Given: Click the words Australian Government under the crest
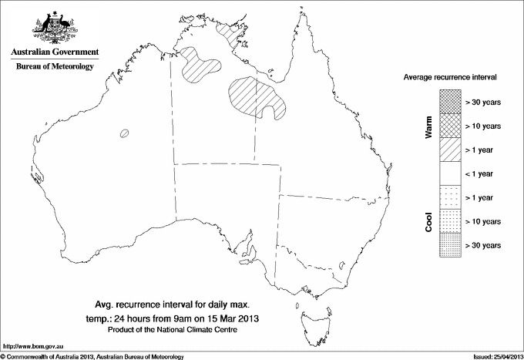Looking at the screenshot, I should coord(54,52).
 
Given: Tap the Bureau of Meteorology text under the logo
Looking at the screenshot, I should coord(55,67).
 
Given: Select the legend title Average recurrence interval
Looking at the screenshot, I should coord(450,78).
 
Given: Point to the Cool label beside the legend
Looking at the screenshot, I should coord(429,221).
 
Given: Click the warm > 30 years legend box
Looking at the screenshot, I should coord(450,102).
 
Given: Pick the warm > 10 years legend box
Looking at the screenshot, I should coord(450,126).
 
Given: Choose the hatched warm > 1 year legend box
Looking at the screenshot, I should coord(450,150).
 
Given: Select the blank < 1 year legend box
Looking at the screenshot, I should coord(450,173).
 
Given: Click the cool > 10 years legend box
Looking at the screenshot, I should coord(450,221).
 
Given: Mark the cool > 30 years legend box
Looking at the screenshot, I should coord(450,245).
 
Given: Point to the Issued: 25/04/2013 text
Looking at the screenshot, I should coord(494,355).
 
